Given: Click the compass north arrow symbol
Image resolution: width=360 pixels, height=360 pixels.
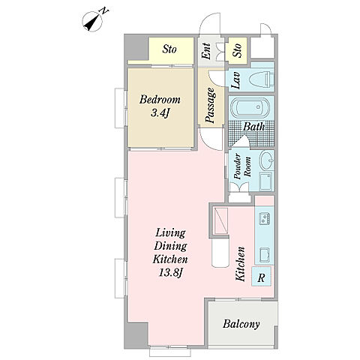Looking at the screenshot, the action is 92,22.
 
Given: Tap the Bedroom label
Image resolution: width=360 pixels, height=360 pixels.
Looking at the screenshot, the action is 160,100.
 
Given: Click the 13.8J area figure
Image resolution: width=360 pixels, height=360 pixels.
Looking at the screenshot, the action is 170,272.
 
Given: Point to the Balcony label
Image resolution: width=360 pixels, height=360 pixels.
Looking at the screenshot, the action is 241,324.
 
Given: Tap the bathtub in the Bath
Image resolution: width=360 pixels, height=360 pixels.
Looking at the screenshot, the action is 250,108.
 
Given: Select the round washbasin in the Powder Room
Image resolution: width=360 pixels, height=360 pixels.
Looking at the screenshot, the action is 267,160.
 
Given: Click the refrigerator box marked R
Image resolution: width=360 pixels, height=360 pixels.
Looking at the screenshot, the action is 261,276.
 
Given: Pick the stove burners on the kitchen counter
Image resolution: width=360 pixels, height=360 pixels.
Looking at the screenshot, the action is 264,218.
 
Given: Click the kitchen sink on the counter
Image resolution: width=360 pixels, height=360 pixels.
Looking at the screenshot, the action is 265,255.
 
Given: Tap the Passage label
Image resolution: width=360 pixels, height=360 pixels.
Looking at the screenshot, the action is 210,106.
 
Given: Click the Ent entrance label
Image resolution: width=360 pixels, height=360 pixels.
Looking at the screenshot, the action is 206,52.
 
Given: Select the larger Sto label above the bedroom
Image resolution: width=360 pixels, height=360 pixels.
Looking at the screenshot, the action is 169,49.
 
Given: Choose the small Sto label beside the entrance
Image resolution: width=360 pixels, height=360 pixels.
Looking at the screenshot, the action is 237,50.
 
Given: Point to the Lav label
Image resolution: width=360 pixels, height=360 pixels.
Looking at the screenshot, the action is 235,80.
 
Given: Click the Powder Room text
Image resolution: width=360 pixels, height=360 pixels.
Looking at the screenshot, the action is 242,166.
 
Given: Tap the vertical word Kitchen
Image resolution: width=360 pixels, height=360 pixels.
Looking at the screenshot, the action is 241,264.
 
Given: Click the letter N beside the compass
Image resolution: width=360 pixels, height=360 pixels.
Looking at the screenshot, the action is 104,10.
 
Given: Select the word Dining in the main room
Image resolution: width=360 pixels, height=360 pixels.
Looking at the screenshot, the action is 170,246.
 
